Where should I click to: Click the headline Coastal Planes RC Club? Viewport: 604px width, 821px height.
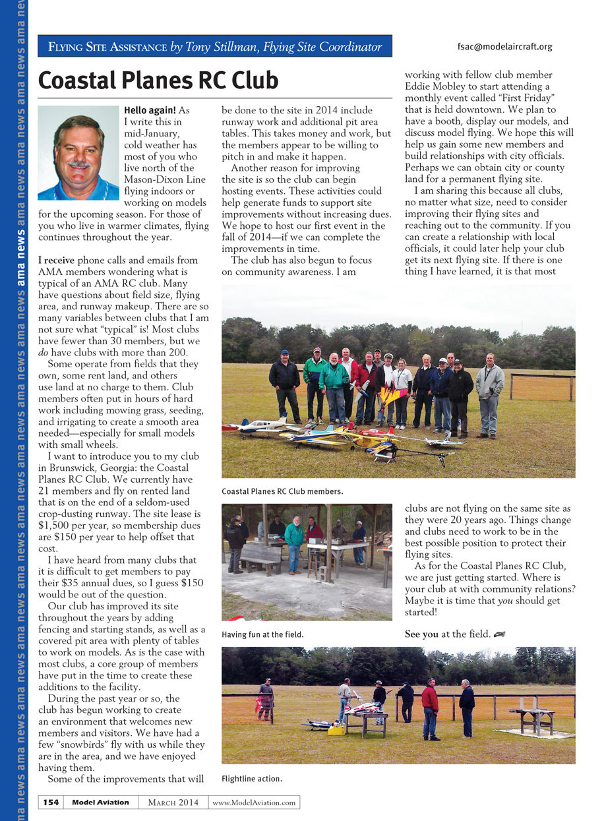click(x=158, y=80)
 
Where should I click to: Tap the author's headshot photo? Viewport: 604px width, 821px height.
click(x=79, y=152)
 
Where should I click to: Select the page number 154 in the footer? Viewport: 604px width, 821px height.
click(x=51, y=803)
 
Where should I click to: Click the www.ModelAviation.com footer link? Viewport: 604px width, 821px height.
click(x=254, y=803)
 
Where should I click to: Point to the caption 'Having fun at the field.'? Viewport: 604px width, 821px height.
click(x=262, y=634)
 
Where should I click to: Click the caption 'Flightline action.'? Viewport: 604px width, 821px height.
click(x=252, y=779)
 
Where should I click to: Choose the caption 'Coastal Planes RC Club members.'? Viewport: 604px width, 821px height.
click(x=282, y=491)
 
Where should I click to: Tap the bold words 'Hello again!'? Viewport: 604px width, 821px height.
click(x=150, y=110)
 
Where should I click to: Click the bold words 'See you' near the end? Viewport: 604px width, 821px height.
click(x=421, y=634)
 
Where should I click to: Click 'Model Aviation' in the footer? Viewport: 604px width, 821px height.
click(x=100, y=803)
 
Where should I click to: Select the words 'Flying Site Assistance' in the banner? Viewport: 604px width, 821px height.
click(x=108, y=47)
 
